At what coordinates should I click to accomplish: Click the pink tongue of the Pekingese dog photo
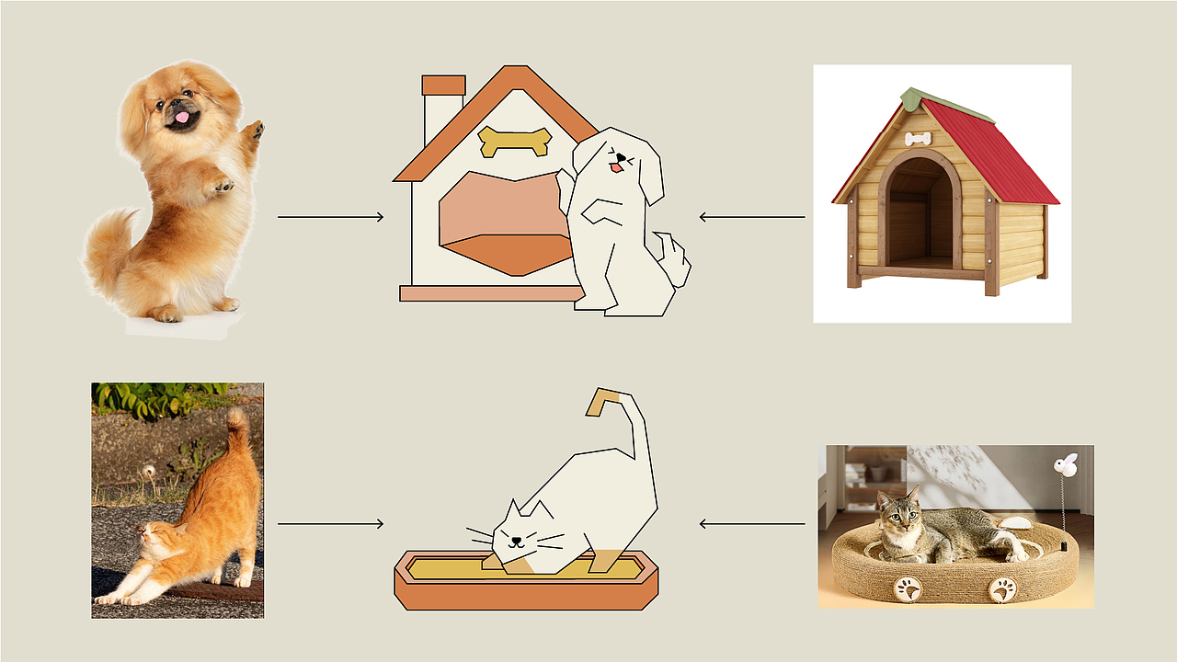tap(182, 118)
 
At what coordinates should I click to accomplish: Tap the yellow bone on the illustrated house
tap(515, 141)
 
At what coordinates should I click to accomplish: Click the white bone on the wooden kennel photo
tap(918, 139)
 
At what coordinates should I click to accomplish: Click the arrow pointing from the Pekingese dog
tap(330, 217)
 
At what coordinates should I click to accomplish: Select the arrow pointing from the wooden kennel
tap(751, 217)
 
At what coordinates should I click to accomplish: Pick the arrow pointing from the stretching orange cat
tap(330, 524)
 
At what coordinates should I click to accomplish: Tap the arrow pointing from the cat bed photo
tap(751, 524)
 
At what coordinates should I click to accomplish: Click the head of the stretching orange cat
tap(152, 538)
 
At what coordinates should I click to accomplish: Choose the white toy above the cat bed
tap(1067, 465)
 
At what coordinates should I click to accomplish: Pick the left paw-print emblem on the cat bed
tap(908, 588)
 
